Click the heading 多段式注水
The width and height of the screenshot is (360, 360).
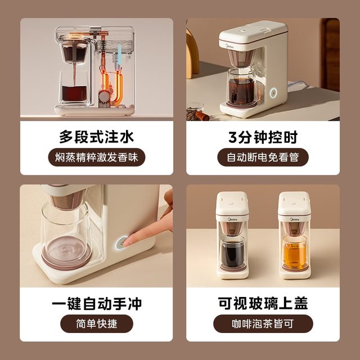[97, 137]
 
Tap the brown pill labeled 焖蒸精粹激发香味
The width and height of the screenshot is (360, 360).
[97, 157]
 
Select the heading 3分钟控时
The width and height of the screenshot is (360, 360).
[263, 137]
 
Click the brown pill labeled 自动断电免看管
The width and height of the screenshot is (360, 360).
[263, 157]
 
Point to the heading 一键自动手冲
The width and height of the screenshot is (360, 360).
[97, 304]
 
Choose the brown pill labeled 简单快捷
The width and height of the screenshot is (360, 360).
[97, 324]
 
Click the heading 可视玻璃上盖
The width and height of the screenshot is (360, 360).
[263, 304]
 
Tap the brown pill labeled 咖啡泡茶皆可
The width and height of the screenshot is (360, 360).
[263, 324]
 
